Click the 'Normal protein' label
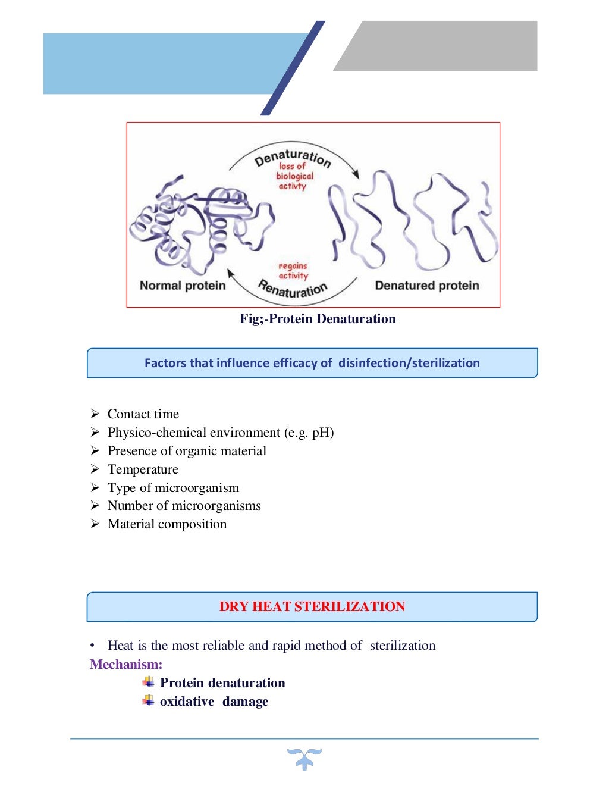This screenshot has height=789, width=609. click(183, 286)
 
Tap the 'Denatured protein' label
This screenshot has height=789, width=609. click(426, 286)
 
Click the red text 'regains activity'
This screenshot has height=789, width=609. click(293, 271)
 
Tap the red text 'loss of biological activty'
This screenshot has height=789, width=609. click(294, 176)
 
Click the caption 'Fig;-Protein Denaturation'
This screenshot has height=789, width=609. click(318, 319)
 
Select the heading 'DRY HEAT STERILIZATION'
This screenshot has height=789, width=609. click(312, 607)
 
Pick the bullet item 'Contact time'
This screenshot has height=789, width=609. click(143, 414)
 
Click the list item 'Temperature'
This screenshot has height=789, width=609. click(143, 469)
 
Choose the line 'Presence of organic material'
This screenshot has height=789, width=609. click(187, 451)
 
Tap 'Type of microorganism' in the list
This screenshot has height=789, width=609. click(173, 488)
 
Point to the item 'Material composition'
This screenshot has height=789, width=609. click(167, 524)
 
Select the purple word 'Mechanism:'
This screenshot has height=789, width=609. click(126, 665)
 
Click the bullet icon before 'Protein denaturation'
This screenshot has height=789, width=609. click(148, 682)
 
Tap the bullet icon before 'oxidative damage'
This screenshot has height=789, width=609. click(148, 700)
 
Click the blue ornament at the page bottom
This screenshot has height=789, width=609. click(304, 759)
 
